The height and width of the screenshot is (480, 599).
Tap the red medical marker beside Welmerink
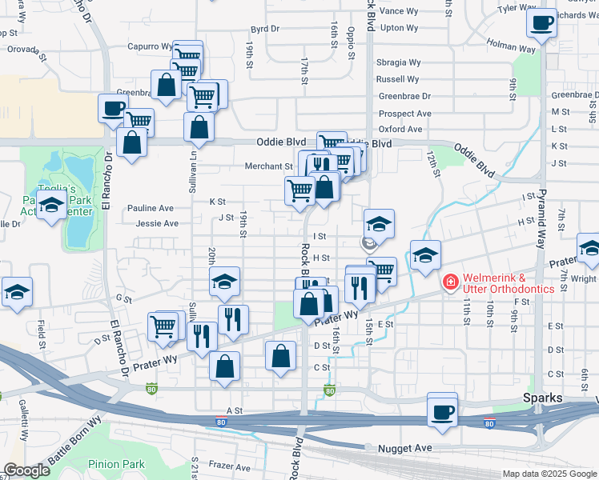(450, 282)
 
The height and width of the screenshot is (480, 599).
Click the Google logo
(26, 470)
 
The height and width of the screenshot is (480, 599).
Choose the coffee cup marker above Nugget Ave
(442, 411)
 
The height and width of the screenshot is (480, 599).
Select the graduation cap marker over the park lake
(51, 206)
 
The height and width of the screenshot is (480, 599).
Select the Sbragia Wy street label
(399, 62)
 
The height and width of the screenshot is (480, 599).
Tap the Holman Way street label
(510, 49)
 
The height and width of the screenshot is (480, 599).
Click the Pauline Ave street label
(151, 208)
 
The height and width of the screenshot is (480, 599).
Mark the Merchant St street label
(268, 166)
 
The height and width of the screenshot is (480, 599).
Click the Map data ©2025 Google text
(549, 474)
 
